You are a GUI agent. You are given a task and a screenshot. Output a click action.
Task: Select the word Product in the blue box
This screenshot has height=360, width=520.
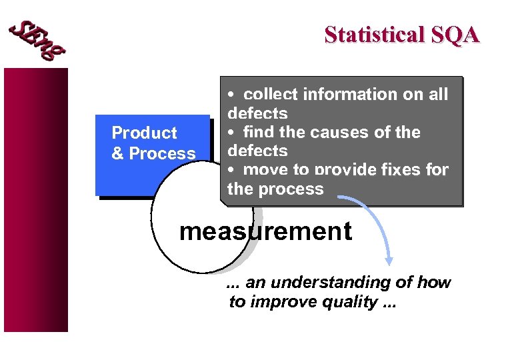144,133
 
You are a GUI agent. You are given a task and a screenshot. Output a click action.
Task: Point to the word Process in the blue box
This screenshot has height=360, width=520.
162,153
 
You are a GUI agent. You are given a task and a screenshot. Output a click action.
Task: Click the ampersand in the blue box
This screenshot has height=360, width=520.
117,153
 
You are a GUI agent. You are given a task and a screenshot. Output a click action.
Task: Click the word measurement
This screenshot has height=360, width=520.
265,231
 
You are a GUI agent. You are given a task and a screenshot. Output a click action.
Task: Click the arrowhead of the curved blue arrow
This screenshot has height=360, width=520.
389,261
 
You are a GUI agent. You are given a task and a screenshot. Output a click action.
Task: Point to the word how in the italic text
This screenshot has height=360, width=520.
434,283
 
